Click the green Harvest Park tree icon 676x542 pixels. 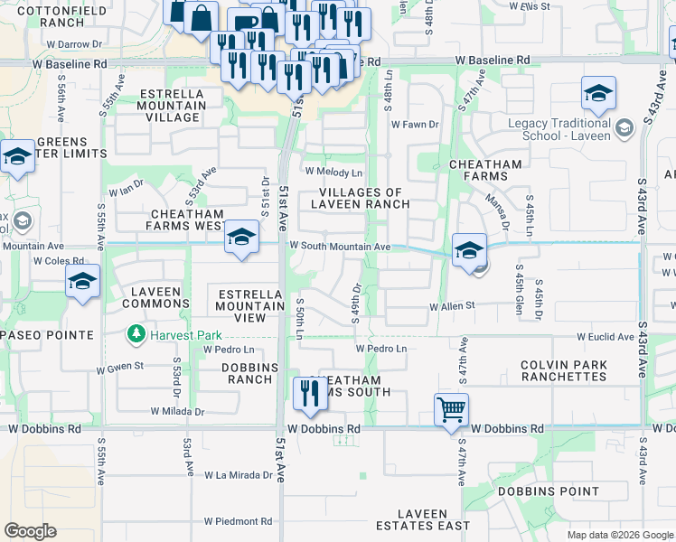point(136,335)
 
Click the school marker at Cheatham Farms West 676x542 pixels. point(241,237)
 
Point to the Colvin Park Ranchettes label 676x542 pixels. point(564,370)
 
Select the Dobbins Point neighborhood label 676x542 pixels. point(549,491)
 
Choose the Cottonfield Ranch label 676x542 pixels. point(50,14)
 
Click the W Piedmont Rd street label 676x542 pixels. point(238,521)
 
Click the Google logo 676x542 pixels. point(31,531)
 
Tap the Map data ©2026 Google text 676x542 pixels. point(619,535)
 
